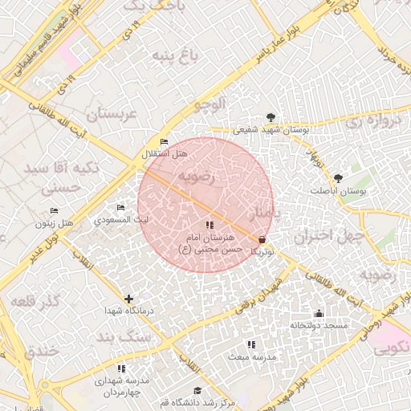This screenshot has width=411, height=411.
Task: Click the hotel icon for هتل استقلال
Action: (165, 142)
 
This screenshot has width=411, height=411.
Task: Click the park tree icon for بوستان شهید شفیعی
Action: (270, 117)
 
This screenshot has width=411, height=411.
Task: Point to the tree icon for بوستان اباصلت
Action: (337, 178)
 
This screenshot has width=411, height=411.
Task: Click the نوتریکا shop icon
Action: (262, 240)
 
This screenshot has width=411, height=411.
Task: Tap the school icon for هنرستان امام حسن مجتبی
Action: (209, 226)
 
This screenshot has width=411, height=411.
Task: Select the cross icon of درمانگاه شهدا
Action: (128, 299)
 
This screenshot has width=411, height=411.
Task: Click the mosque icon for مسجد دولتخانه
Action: (319, 314)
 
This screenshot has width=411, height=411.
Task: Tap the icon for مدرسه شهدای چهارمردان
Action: (121, 368)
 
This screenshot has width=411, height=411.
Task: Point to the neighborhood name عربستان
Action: (113, 116)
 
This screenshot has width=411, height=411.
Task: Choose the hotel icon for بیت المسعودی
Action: (121, 208)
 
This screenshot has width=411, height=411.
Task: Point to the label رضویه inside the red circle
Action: (196, 176)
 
